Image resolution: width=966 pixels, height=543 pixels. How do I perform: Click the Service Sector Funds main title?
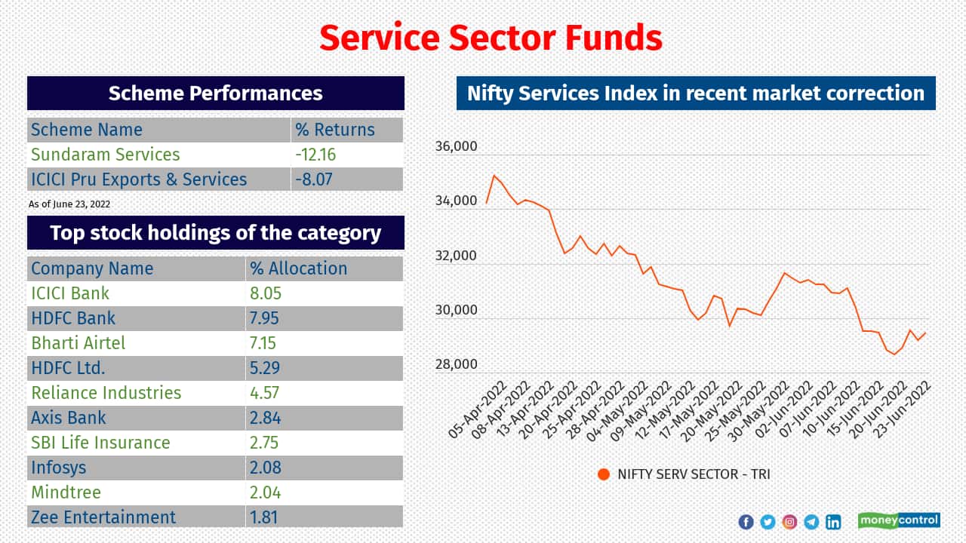point(490,37)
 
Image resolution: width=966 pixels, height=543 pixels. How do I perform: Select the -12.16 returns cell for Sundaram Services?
point(315,155)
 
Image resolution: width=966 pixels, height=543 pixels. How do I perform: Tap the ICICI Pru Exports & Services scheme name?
point(139,179)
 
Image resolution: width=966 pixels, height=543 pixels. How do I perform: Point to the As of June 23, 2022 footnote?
point(69,204)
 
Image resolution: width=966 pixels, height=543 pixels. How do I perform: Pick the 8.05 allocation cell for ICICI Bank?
point(266,293)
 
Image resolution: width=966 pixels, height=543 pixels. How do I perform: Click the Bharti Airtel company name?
point(78,343)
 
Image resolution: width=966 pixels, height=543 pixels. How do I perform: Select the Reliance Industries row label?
point(106,393)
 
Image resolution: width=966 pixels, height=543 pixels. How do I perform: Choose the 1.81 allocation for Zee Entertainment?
point(264,517)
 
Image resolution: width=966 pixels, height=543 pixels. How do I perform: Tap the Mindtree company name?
point(66,492)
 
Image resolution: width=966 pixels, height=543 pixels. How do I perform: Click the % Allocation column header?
point(297,268)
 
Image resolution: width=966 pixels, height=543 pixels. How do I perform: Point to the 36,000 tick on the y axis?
point(456,146)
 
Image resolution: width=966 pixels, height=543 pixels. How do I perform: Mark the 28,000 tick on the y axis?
point(456,365)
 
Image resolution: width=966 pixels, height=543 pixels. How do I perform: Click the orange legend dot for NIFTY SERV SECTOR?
point(603,474)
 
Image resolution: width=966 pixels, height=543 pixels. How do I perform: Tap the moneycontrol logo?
point(898,520)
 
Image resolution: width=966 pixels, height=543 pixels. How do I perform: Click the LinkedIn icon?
point(833,522)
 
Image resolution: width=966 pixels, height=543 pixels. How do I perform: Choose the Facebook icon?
point(746,522)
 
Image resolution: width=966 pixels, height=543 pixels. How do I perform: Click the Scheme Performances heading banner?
point(216,93)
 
